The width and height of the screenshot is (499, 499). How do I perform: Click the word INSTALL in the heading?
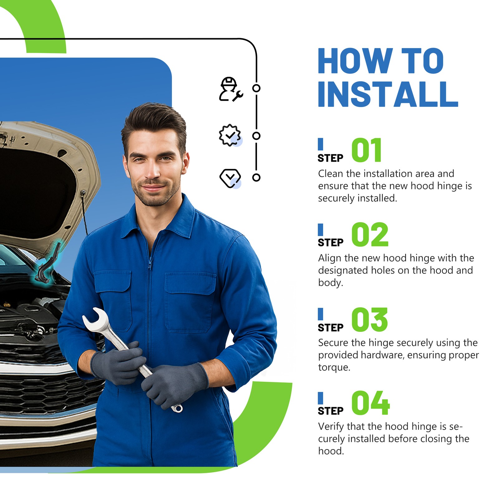pyautogui.click(x=388, y=94)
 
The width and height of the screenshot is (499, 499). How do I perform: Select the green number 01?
pyautogui.click(x=367, y=150)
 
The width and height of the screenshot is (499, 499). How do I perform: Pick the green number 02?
pyautogui.click(x=370, y=235)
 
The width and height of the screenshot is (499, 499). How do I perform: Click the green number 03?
pyautogui.click(x=370, y=319)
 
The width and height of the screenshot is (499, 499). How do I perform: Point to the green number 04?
pyautogui.click(x=371, y=403)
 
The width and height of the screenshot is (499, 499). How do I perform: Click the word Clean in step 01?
pyautogui.click(x=331, y=173)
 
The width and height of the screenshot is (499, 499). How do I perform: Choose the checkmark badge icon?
pyautogui.click(x=230, y=135)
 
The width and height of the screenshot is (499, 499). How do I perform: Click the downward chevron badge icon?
pyautogui.click(x=230, y=178)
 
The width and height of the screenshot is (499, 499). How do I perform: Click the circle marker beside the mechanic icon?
pyautogui.click(x=256, y=88)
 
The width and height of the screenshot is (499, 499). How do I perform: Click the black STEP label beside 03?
pyautogui.click(x=331, y=328)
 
